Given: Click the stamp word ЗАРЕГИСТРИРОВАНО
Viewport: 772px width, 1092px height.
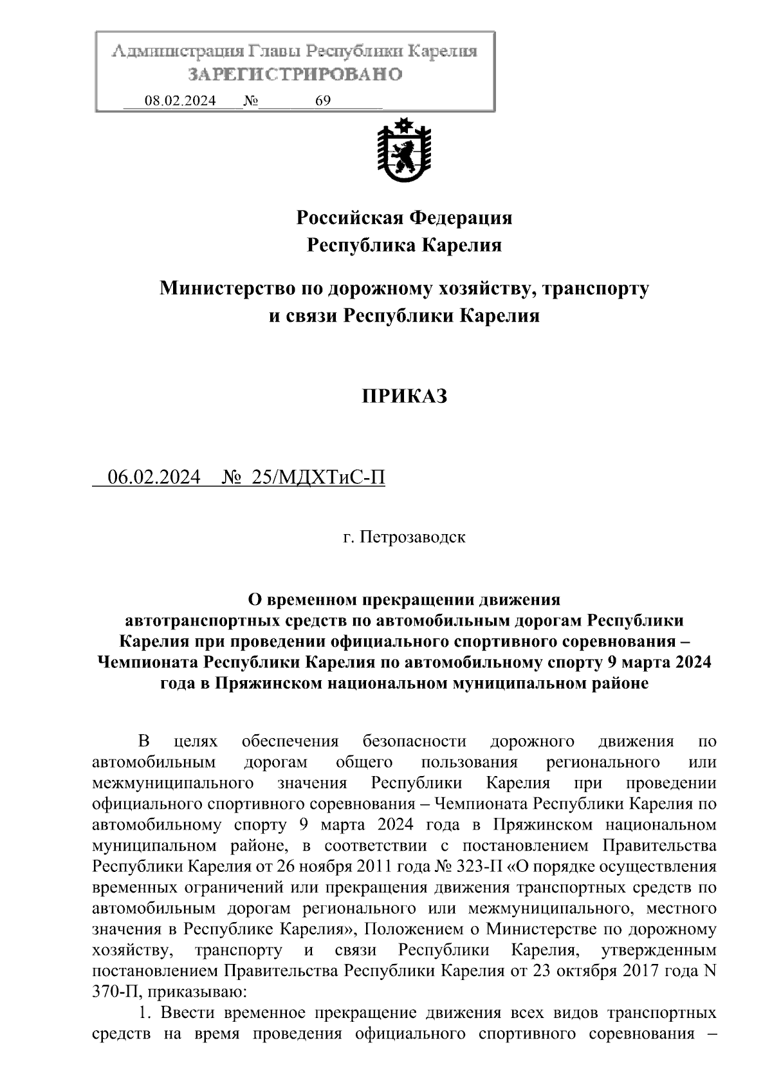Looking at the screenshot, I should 295,75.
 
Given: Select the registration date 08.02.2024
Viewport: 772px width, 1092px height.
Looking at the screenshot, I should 180,100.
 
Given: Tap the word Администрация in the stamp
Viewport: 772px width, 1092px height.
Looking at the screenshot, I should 173,51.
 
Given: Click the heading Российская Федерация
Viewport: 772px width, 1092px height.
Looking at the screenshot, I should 404,217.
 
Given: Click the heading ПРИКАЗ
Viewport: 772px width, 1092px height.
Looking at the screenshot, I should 403,396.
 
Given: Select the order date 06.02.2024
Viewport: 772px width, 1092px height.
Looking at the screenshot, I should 154,477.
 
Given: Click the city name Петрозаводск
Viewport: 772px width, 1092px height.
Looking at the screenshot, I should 412,537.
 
